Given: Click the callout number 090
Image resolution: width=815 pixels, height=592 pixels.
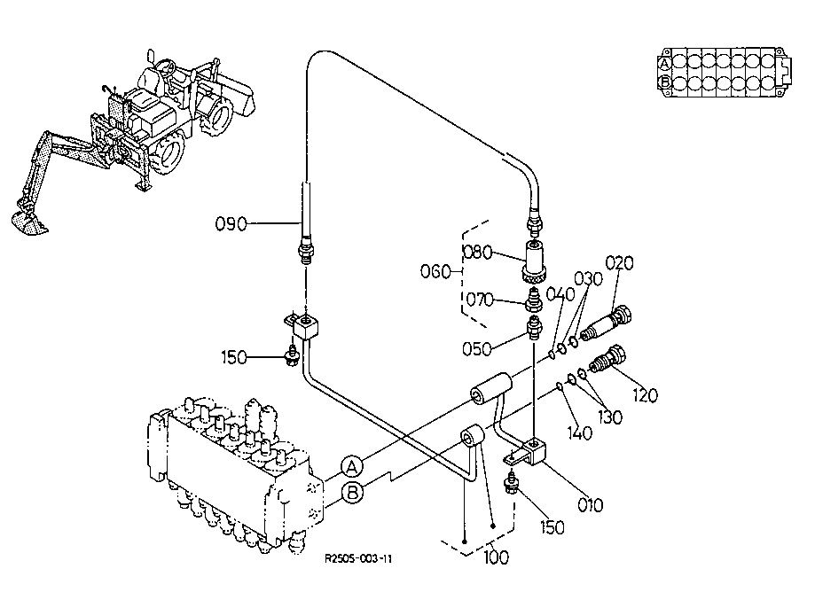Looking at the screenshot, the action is tap(231, 224).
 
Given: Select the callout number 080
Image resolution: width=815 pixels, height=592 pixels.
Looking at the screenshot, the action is tap(477, 253).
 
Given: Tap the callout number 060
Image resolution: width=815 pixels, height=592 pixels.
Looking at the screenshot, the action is tap(435, 271).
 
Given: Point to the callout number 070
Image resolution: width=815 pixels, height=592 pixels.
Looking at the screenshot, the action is tap(479, 300).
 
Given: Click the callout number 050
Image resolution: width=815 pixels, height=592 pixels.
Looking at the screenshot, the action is tap(476, 348).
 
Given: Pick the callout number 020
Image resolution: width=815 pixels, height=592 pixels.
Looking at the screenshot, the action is tap(620, 263).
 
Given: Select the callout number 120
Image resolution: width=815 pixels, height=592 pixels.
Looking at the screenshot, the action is tap(645, 396).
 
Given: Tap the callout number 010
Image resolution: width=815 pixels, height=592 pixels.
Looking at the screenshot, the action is tap(591, 505).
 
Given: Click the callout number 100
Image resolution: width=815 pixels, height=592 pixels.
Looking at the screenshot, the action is tap(497, 557).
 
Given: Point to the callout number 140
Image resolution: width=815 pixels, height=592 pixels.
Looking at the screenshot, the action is tap(579, 432).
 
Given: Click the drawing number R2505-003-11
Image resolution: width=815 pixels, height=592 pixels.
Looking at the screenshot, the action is tap(358, 558).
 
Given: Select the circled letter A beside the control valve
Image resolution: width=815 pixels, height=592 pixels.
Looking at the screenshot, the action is tap(352, 467).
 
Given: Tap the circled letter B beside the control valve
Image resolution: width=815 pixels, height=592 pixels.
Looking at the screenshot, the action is tap(352, 492).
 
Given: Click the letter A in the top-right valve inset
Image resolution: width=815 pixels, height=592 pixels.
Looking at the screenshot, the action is tap(664, 64).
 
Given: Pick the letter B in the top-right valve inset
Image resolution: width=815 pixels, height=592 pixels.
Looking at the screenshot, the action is tap(665, 82).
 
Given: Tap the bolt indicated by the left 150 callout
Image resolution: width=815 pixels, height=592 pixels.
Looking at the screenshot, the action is tap(292, 355).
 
